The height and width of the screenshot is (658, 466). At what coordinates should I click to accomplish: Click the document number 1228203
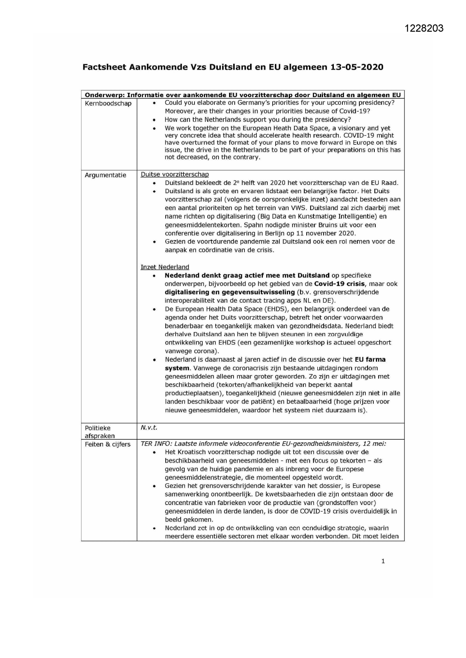point(424,29)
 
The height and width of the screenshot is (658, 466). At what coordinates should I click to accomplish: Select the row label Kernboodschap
point(108,104)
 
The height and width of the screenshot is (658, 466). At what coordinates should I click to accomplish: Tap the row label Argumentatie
point(106,175)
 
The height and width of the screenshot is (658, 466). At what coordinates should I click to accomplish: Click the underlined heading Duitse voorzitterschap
point(175,174)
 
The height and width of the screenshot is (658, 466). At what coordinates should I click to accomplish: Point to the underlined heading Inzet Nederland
point(165,267)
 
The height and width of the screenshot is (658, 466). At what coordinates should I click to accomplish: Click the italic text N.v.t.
point(149,428)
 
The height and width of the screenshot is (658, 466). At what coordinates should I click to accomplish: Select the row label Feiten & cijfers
point(108,444)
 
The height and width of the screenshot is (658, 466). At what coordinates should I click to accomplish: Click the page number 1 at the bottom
point(383,561)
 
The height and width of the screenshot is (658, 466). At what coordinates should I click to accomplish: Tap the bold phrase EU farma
point(370,359)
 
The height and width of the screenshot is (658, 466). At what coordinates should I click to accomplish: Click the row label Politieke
point(98,428)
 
